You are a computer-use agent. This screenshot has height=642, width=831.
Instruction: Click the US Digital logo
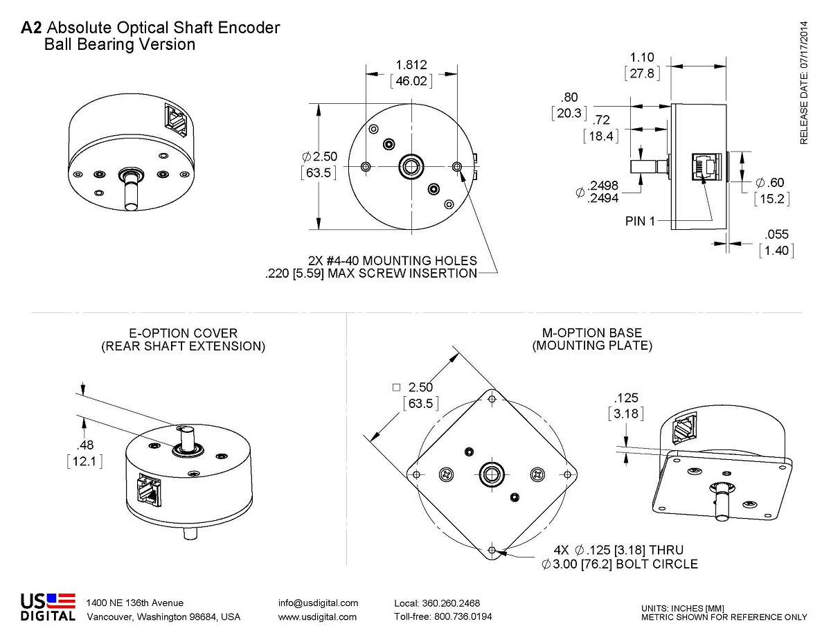pyautogui.click(x=48, y=607)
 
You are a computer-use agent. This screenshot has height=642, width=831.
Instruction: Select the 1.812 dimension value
pyautogui.click(x=411, y=65)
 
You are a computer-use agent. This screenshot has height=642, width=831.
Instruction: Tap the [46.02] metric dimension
pyautogui.click(x=411, y=81)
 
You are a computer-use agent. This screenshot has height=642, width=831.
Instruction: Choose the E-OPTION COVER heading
pyautogui.click(x=183, y=333)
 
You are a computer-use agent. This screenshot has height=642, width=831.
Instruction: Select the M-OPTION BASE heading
pyautogui.click(x=592, y=332)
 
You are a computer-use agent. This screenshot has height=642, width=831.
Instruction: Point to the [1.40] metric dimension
pyautogui.click(x=776, y=250)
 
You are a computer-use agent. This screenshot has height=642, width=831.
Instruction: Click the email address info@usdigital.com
pyautogui.click(x=318, y=603)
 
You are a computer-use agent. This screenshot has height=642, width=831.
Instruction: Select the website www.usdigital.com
pyautogui.click(x=317, y=616)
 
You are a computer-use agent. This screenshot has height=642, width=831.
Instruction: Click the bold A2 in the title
pyautogui.click(x=32, y=28)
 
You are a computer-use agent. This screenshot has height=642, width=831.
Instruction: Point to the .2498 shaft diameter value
pyautogui.click(x=602, y=186)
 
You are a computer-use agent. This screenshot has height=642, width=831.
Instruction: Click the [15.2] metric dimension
pyautogui.click(x=771, y=199)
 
